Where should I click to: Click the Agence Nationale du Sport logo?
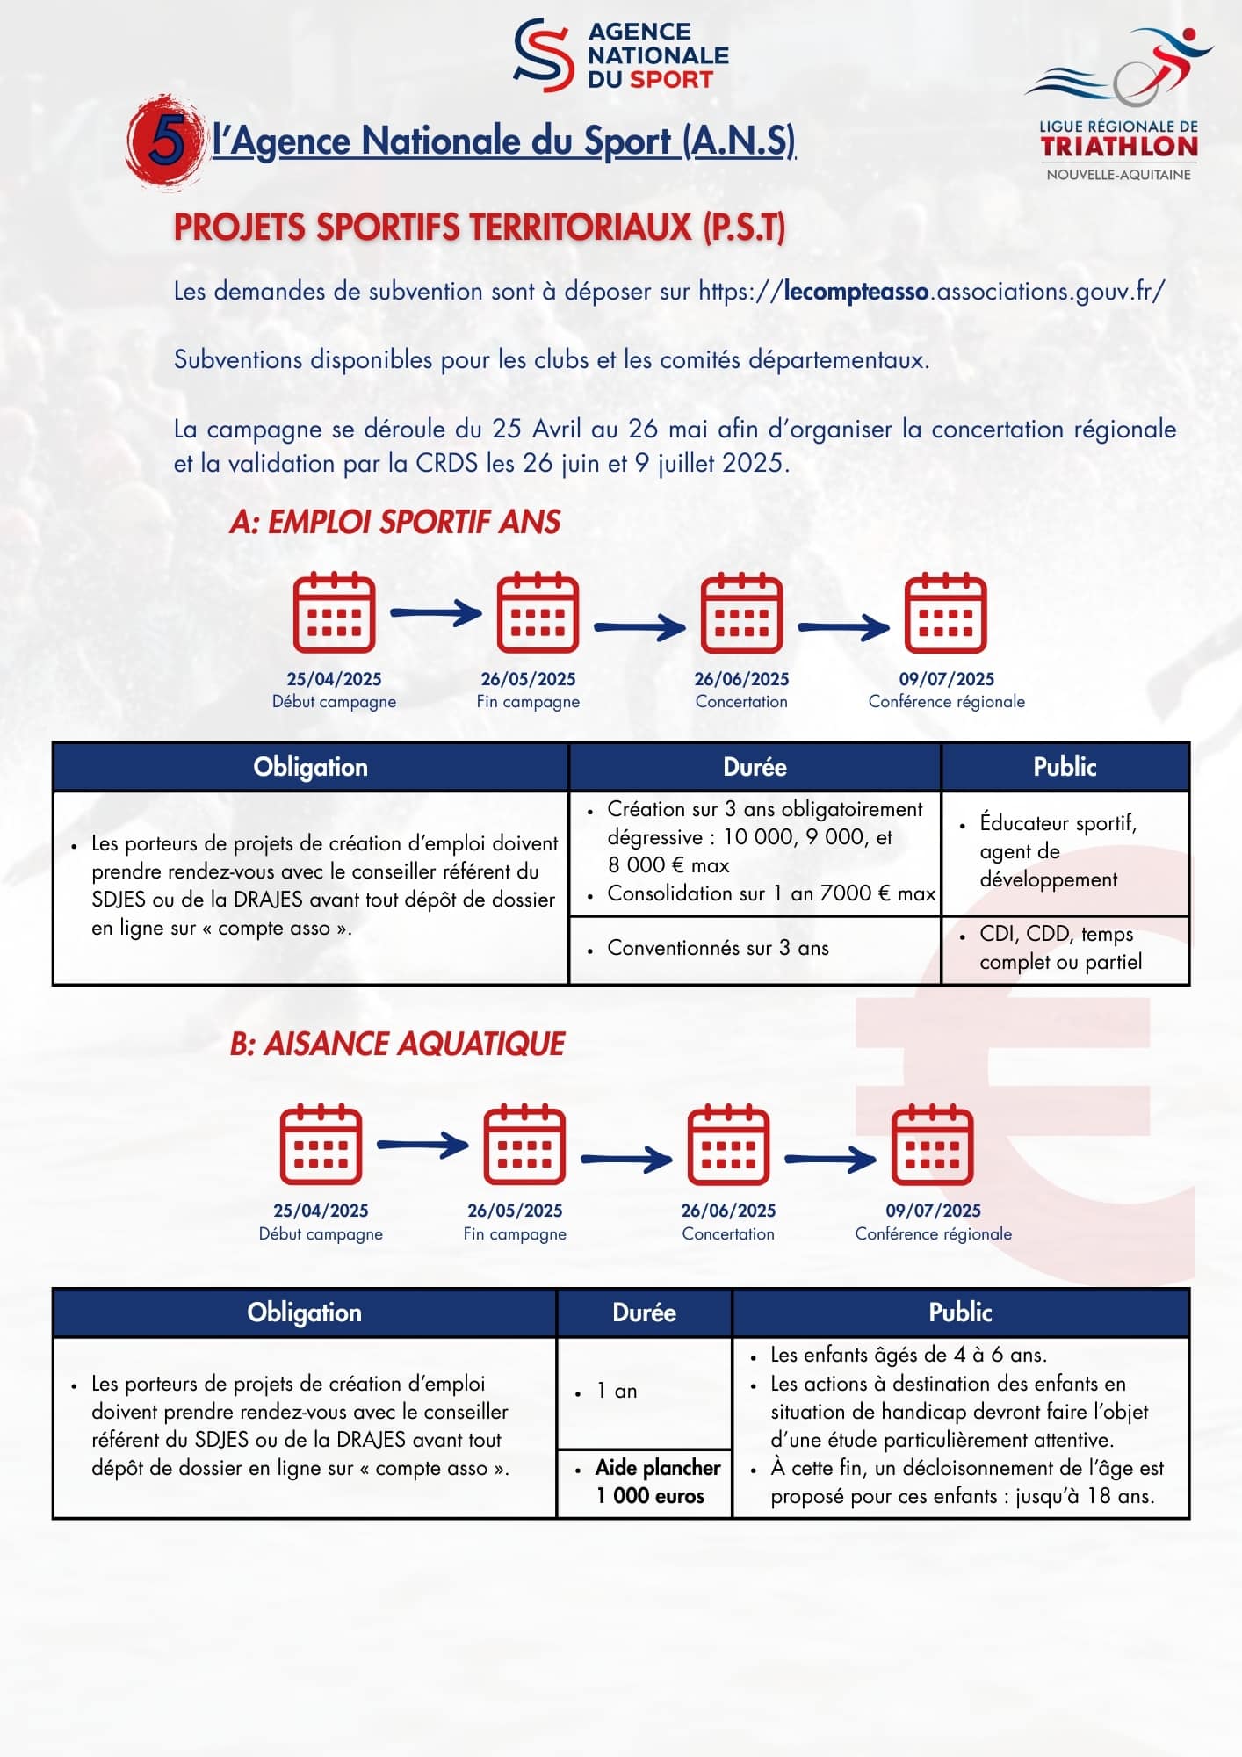coord(621,55)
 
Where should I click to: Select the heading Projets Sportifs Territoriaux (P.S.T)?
coord(479,228)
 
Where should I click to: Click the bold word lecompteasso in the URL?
coord(856,291)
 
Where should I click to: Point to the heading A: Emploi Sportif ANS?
coord(394,522)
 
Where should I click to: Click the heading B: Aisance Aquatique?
coord(397,1044)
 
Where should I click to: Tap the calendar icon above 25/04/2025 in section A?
coord(334,612)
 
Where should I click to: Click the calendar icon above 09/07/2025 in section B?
coord(932,1145)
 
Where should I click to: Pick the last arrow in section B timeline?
coord(830,1159)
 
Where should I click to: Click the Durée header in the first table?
coord(755,767)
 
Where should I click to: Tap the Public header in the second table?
coord(960,1312)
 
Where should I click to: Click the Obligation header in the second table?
coord(304,1312)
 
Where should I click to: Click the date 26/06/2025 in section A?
coord(741,679)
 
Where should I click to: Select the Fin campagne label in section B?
coord(515,1233)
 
